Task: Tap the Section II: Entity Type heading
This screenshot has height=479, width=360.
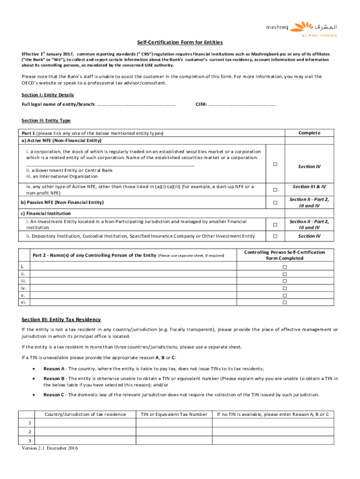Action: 46,120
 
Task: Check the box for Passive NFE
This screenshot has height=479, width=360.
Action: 275,203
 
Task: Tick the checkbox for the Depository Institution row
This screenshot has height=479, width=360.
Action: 275,236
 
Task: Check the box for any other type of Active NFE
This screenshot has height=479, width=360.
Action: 275,189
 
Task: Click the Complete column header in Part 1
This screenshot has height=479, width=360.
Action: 309,133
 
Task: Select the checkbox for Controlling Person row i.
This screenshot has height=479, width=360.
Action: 284,266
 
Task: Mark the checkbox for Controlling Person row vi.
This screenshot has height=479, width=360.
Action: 284,303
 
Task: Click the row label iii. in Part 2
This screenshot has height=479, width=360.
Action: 24,281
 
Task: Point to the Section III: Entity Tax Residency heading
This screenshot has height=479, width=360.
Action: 61,319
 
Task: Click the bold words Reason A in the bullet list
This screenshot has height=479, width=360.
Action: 54,368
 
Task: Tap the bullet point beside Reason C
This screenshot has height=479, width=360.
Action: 34,395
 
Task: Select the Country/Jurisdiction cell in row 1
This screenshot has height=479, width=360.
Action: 85,423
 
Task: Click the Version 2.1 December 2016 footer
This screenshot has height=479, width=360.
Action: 50,448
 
